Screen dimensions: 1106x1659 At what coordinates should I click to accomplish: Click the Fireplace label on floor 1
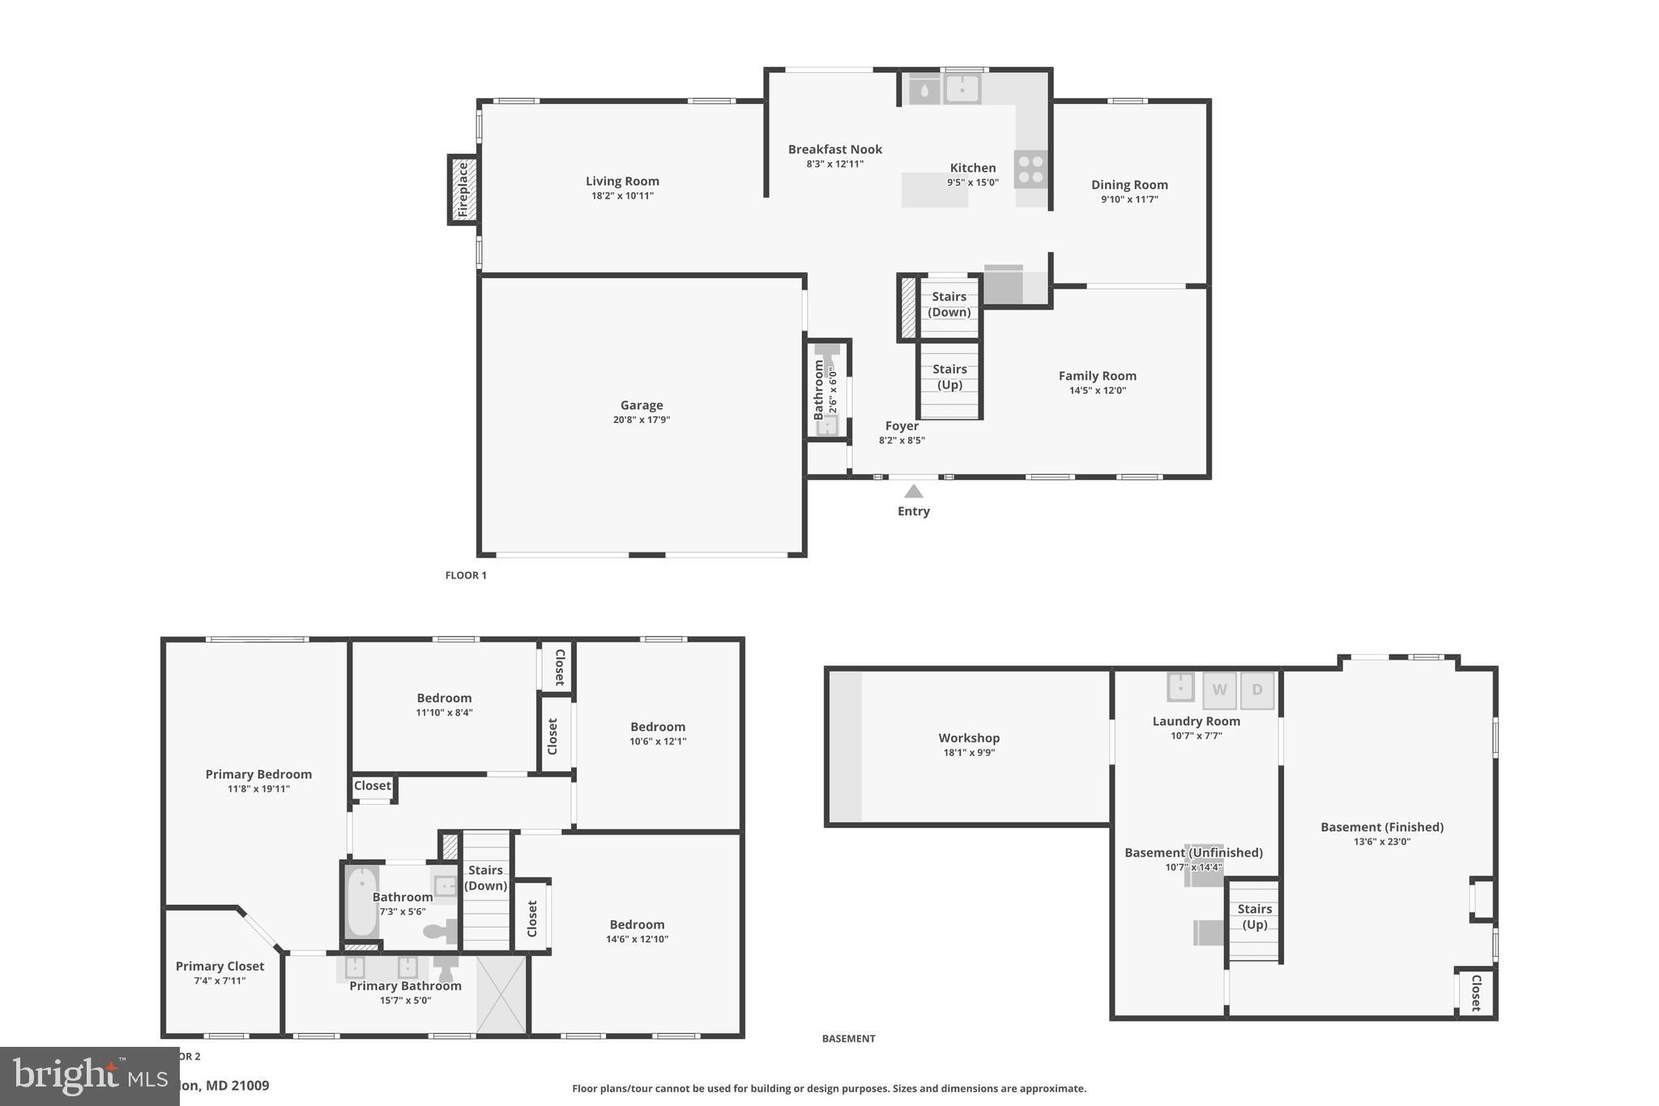click(463, 190)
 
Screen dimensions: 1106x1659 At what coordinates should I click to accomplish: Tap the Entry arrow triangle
click(914, 491)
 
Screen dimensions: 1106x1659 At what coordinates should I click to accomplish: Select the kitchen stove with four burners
click(1030, 169)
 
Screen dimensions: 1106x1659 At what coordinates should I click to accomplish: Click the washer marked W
click(1219, 690)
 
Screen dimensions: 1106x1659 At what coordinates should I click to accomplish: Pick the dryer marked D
click(1257, 690)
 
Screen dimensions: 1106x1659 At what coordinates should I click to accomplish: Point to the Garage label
click(642, 405)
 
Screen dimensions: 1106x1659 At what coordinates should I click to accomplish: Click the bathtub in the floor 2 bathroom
click(362, 902)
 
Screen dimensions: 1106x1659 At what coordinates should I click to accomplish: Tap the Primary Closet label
click(220, 966)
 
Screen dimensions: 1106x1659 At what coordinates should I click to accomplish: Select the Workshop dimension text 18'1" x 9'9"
click(969, 753)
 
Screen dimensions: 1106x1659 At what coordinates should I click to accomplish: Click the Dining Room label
click(1129, 185)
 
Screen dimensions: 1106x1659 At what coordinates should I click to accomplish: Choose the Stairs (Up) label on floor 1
click(949, 377)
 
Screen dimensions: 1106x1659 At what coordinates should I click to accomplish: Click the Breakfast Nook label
click(834, 149)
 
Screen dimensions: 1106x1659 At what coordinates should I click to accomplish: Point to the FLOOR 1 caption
click(466, 575)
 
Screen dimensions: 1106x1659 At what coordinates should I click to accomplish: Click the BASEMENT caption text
click(848, 1039)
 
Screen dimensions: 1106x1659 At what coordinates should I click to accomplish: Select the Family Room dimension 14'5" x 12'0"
click(1098, 391)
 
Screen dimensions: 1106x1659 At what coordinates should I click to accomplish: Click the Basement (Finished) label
click(1382, 827)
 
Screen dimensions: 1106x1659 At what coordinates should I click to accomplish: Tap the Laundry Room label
click(1196, 721)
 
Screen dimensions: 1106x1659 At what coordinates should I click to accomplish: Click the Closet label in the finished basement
click(1475, 993)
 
